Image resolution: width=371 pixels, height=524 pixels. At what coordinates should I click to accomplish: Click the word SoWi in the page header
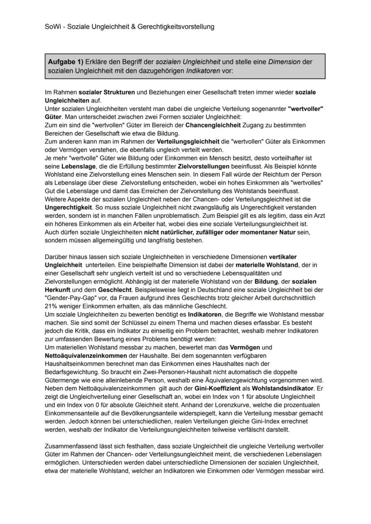(x=52, y=26)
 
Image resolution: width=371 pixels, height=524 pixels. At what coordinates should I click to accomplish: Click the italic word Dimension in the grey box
(x=284, y=62)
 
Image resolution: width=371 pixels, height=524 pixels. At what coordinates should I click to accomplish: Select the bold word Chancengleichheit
(x=213, y=125)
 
